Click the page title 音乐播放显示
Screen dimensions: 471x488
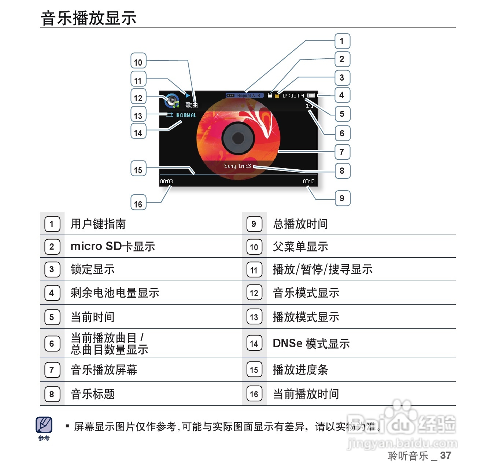(x=89, y=18)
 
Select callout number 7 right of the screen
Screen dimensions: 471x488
(x=342, y=152)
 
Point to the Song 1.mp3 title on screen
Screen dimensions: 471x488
(x=237, y=166)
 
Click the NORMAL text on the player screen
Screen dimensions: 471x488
(x=186, y=115)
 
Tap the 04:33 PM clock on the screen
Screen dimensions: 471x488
(x=293, y=96)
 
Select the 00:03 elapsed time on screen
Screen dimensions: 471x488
(x=166, y=181)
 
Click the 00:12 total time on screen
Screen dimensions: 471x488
(x=308, y=181)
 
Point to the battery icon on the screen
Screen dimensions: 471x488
(x=311, y=96)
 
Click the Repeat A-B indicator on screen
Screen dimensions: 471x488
(x=244, y=96)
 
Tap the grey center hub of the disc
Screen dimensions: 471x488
(x=238, y=138)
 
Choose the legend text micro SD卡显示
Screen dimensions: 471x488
(x=113, y=246)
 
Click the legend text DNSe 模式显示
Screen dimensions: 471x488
(x=311, y=343)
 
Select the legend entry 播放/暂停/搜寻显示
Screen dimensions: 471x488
(x=322, y=269)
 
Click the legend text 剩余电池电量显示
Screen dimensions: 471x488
(x=115, y=293)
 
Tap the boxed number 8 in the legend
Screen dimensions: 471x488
(x=52, y=394)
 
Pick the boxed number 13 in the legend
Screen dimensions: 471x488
(x=254, y=317)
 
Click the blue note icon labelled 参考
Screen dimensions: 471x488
(x=44, y=425)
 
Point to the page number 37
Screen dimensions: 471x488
(x=446, y=456)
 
